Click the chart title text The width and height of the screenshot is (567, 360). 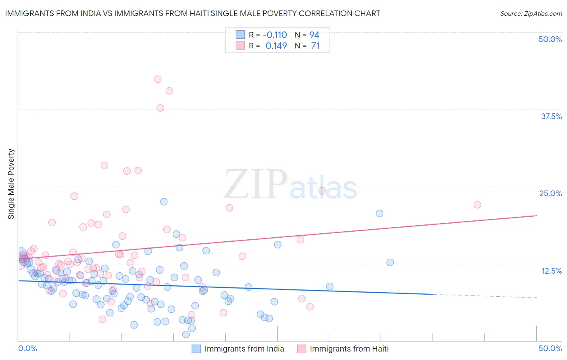[x=192, y=14]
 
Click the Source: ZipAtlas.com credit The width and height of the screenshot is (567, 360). [x=531, y=14]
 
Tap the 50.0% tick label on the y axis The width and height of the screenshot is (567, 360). [x=550, y=39]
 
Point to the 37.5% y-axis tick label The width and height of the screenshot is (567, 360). [x=551, y=116]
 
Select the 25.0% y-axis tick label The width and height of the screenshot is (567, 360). [x=550, y=193]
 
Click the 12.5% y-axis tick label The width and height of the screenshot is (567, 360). [x=551, y=270]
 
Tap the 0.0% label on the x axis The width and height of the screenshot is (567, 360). [x=27, y=348]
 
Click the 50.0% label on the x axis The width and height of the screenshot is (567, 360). [x=550, y=348]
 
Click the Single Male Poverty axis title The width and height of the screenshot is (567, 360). [x=11, y=184]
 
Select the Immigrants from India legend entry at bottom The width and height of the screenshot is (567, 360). [x=244, y=349]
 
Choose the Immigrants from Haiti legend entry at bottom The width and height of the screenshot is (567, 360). [x=349, y=349]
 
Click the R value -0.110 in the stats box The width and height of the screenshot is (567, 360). [x=275, y=35]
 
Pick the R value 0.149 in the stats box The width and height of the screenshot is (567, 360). [x=276, y=46]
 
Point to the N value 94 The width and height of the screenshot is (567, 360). [x=314, y=35]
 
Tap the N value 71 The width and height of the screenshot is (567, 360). [x=315, y=46]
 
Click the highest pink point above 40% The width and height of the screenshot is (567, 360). [x=158, y=79]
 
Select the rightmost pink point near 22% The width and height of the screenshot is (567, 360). [x=477, y=205]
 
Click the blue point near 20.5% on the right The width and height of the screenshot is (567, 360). [x=379, y=213]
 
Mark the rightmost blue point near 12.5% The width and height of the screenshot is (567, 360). [x=390, y=262]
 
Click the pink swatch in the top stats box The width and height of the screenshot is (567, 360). [x=240, y=46]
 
